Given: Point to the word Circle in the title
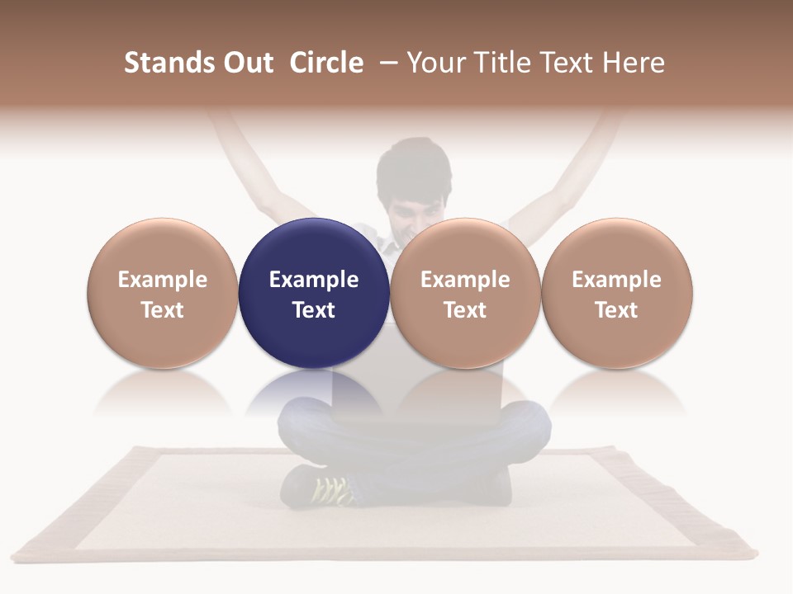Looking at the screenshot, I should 326,63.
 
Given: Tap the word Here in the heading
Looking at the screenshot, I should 634,63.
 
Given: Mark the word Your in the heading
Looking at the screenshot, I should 434,63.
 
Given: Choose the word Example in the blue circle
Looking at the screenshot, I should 314,280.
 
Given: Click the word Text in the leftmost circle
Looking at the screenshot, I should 163,310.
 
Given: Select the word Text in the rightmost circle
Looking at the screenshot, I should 616,310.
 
